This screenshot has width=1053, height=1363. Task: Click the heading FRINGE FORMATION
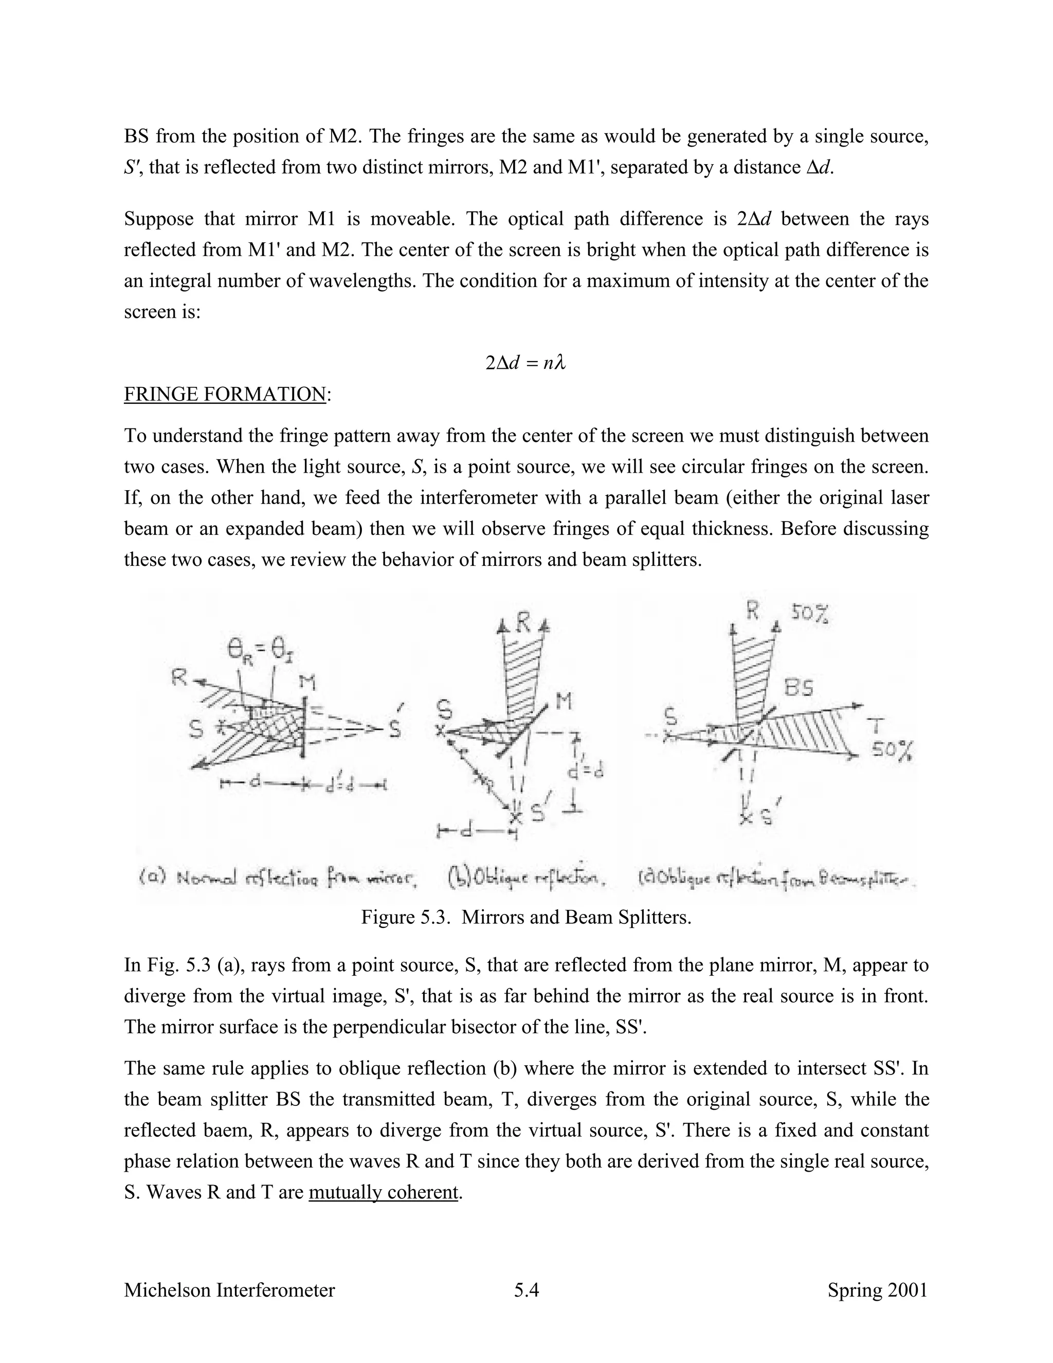[x=225, y=394]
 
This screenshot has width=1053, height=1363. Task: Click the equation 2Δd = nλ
[x=525, y=363]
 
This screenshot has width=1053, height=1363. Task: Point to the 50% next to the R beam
[x=810, y=614]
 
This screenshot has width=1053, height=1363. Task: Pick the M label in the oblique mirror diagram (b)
[x=564, y=703]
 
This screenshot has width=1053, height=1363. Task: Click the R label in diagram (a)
[x=179, y=678]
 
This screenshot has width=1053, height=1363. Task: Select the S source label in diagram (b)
[x=444, y=711]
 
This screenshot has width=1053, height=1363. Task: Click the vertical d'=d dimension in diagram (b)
[x=586, y=772]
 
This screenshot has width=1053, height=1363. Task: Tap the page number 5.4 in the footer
[x=526, y=1290]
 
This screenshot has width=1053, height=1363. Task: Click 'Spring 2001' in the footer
[x=877, y=1290]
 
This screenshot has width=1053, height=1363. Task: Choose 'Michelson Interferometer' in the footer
[x=229, y=1290]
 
